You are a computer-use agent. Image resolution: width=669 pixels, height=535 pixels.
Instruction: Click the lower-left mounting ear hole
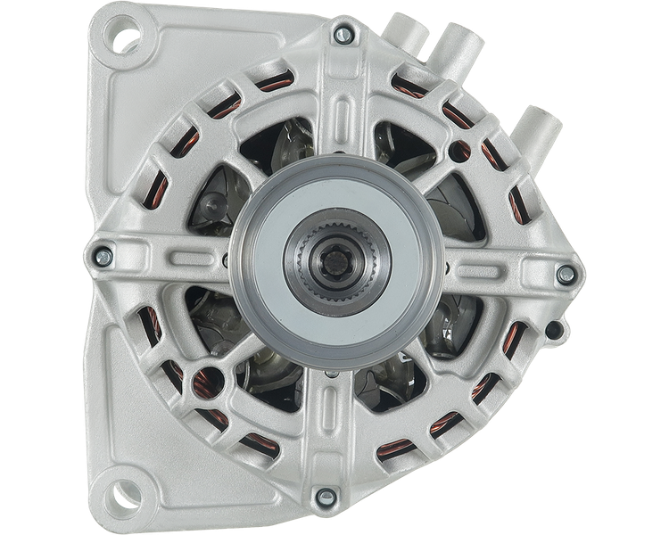point(124,489)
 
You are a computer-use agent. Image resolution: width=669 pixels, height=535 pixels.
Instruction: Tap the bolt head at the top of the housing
point(340,35)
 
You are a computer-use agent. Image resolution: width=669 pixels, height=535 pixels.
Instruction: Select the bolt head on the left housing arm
point(103,255)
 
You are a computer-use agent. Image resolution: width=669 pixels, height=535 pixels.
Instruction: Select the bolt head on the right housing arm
point(564,274)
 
